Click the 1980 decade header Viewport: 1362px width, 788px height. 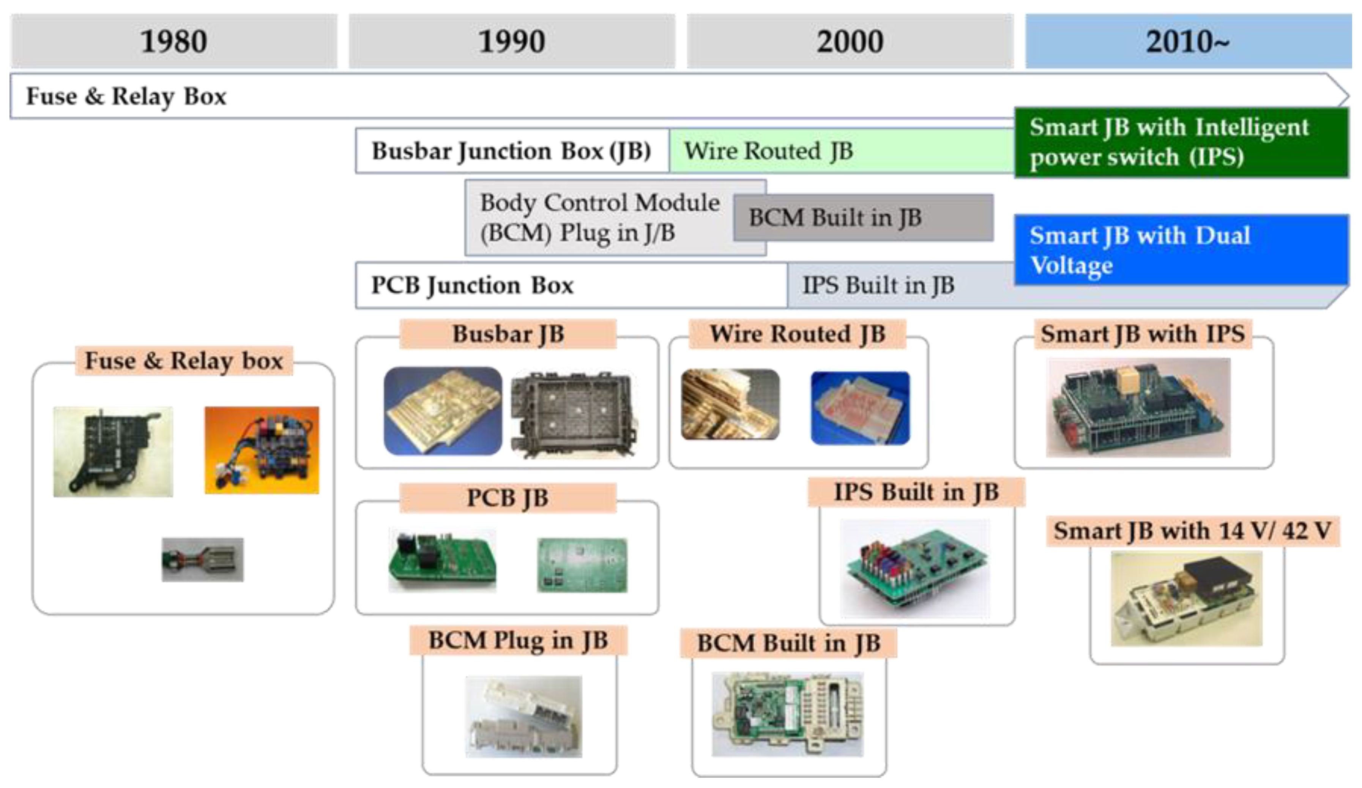[x=173, y=41]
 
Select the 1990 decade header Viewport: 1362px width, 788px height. [x=511, y=41]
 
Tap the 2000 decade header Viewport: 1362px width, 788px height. [x=850, y=41]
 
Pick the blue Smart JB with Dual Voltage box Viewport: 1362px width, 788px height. [x=1181, y=250]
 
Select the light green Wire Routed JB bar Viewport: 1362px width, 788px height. [x=840, y=151]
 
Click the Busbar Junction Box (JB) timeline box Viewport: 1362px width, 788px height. [x=511, y=151]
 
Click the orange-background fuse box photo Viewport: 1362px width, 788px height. [x=262, y=450]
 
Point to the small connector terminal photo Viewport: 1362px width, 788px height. [x=203, y=559]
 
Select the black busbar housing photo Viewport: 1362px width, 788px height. [x=572, y=413]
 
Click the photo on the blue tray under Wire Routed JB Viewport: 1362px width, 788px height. [x=860, y=408]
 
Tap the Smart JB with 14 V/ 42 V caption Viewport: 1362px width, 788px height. [x=1192, y=531]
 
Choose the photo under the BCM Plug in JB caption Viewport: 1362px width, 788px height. [x=524, y=716]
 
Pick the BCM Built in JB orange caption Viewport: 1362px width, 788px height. [x=788, y=643]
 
